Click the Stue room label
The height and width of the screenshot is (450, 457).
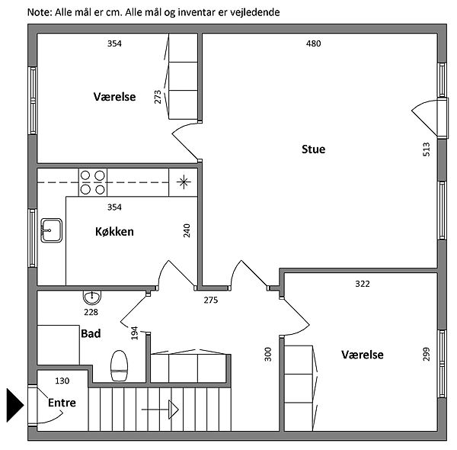point(313,149)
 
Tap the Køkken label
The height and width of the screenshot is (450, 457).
point(114,231)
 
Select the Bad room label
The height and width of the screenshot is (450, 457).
point(91,333)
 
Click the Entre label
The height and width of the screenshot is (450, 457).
point(62,403)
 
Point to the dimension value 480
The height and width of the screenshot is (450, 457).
point(313,43)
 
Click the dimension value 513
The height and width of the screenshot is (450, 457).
point(426,149)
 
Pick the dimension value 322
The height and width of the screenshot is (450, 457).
point(362,284)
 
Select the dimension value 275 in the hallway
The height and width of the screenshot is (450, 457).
point(211,300)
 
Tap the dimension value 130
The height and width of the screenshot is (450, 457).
point(62,381)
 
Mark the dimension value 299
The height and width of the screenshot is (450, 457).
point(426,355)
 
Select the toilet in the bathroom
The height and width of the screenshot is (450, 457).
point(120,365)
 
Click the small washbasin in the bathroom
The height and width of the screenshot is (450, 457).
point(91,297)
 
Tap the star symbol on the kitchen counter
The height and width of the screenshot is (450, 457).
point(183,181)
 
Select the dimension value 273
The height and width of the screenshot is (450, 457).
point(158,97)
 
